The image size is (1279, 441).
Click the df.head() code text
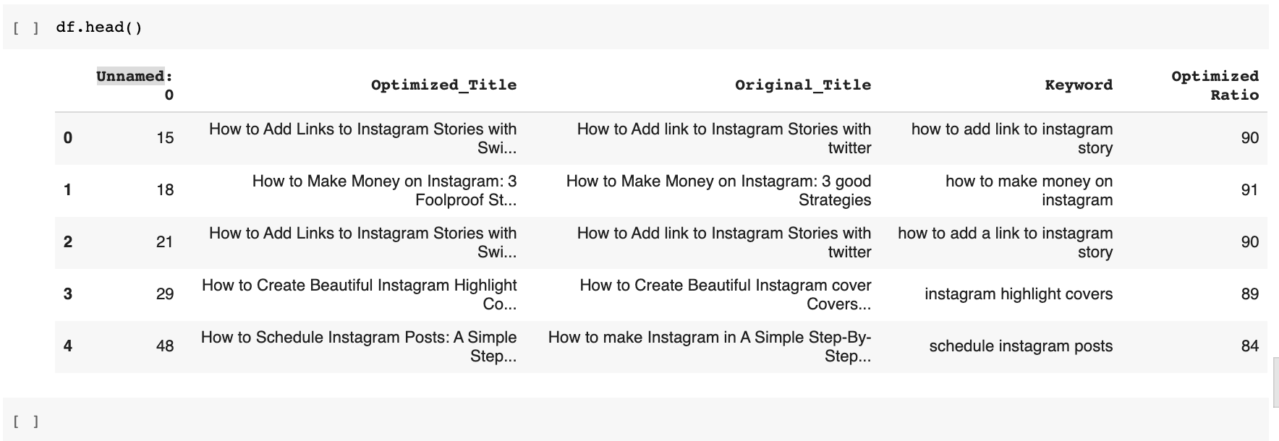coord(99,27)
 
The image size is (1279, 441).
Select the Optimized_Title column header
coord(443,85)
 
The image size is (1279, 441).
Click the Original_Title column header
coord(803,85)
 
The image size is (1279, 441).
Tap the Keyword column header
coord(1079,85)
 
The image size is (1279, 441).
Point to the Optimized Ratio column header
coord(1215,85)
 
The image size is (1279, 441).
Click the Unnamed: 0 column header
coord(135,85)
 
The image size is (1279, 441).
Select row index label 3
coord(68,294)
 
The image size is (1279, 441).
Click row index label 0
coord(68,138)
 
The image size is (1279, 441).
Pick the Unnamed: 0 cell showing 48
coord(165,346)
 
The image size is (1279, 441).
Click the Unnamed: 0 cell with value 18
coord(165,190)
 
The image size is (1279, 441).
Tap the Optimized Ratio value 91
coord(1250,190)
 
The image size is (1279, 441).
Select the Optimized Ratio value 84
coord(1250,346)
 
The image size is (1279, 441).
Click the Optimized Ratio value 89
coord(1250,294)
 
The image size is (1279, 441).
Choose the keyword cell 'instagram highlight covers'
coord(1019,294)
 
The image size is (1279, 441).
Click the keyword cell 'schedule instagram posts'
coord(1021,346)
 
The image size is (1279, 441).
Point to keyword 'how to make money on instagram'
coord(1029,190)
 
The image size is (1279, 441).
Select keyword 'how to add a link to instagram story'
coord(1006,242)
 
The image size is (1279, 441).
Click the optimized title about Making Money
coord(384,190)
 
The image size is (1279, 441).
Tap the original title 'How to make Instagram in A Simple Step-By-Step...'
coord(710,346)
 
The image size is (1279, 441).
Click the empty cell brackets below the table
coord(26,421)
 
